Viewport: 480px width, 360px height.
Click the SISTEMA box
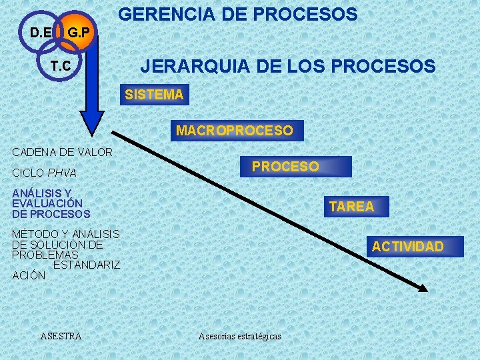point(154,95)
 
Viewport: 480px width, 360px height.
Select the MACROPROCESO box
point(234,131)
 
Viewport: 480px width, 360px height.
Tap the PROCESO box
point(285,167)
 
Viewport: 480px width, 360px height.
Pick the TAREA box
point(351,207)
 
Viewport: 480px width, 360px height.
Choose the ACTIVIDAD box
point(407,247)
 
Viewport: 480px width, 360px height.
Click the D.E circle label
point(41,32)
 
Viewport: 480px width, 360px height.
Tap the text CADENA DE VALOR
point(63,152)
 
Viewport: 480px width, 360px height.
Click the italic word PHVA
point(62,173)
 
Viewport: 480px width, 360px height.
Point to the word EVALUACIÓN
point(47,203)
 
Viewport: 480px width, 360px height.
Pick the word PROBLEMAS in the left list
point(45,255)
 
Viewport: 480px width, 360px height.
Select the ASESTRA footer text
point(61,336)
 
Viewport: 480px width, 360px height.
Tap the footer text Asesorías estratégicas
point(240,336)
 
